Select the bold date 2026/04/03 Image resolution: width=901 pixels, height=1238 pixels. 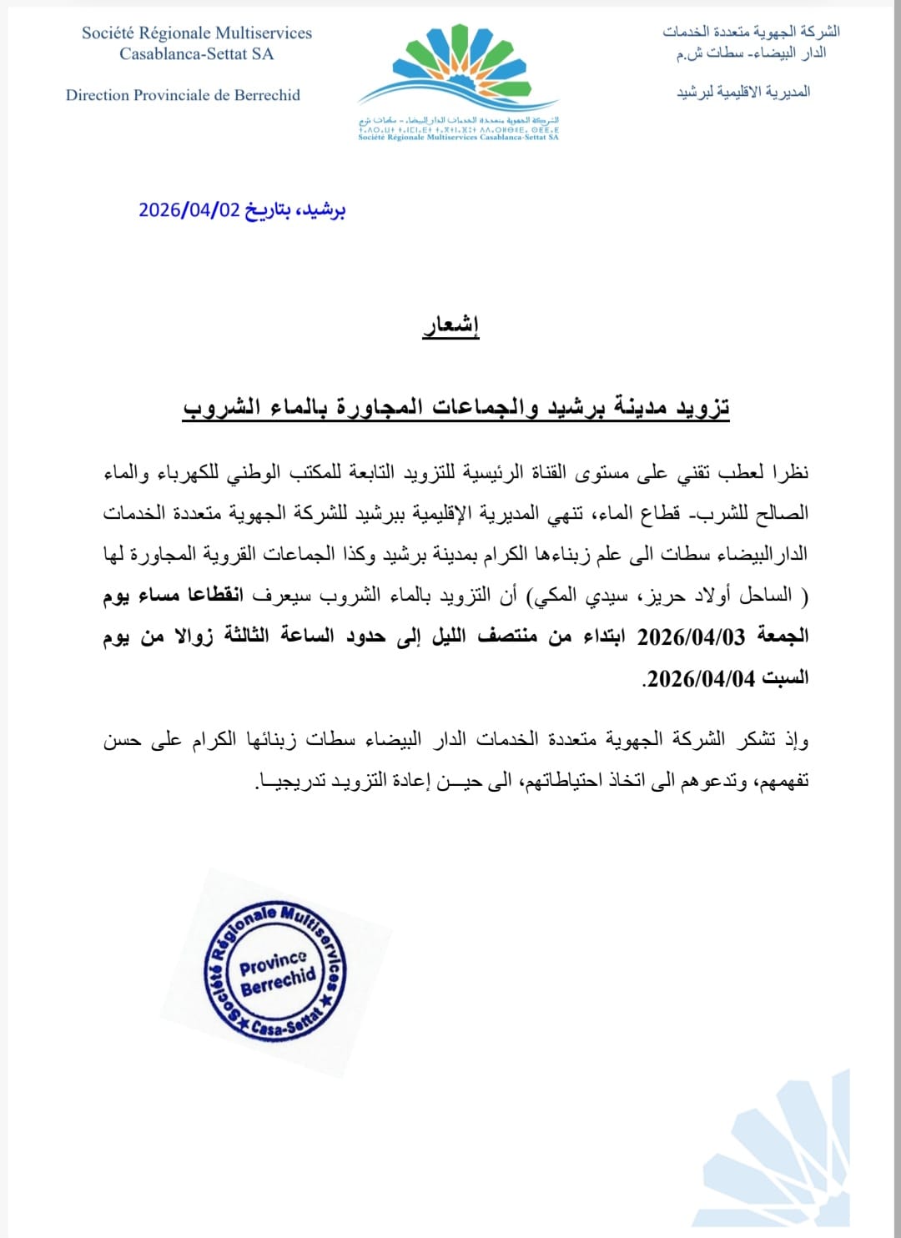(x=690, y=637)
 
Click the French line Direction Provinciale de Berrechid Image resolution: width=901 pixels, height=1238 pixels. (x=183, y=95)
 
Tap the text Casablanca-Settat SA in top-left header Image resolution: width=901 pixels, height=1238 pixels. (x=196, y=54)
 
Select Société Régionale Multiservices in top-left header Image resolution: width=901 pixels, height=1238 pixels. (x=197, y=33)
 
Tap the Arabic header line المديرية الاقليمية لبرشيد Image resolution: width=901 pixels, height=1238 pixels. (x=743, y=92)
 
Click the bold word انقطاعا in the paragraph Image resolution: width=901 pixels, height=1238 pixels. (x=215, y=595)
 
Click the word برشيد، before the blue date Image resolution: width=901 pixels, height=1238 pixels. (x=321, y=209)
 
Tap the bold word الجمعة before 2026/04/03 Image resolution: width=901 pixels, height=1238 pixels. (x=782, y=637)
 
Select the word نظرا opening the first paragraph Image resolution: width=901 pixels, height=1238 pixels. (x=788, y=472)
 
